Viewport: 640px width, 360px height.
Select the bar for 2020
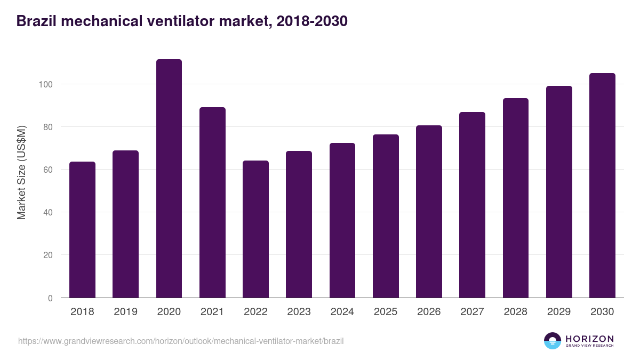coord(169,179)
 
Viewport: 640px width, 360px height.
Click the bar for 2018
coord(82,230)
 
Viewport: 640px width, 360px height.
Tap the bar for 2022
coord(255,229)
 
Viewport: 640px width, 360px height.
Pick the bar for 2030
coord(602,186)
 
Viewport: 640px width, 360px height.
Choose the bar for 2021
coord(212,203)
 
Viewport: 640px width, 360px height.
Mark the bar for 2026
coord(429,212)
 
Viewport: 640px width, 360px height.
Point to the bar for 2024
coord(342,220)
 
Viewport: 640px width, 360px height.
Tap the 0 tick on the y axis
coord(50,298)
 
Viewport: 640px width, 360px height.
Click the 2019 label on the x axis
coord(125,312)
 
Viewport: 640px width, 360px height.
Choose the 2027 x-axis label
coord(472,312)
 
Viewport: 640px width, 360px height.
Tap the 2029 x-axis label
coord(559,312)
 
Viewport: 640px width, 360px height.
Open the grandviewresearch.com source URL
coord(181,341)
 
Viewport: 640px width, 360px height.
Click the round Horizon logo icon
coord(553,341)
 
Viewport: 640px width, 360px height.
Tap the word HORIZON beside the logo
coord(589,338)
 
